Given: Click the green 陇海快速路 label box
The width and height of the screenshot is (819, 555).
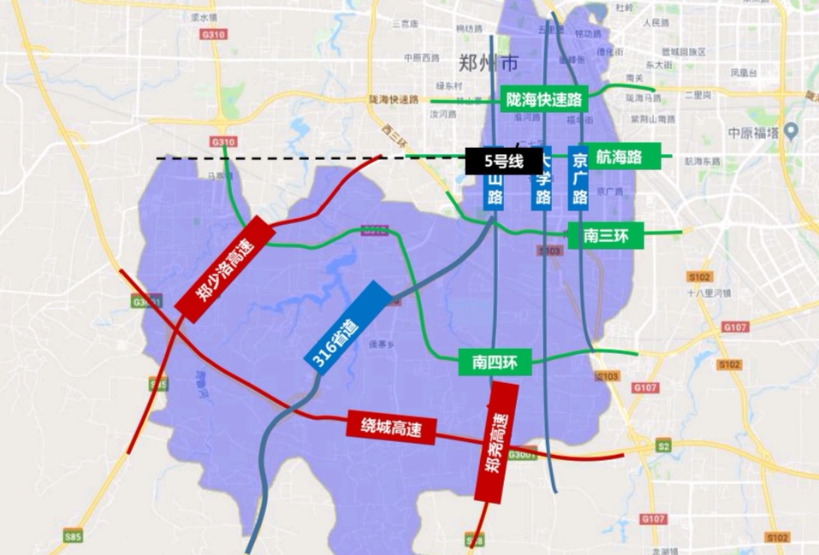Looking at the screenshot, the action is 544,99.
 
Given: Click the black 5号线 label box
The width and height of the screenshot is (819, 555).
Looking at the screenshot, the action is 504,161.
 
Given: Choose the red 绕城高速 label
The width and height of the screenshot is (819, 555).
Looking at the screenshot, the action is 392,426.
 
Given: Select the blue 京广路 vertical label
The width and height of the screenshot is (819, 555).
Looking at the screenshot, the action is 579,179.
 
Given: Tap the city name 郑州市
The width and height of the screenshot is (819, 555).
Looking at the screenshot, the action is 488,63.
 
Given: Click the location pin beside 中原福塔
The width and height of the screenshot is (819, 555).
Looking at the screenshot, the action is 792,131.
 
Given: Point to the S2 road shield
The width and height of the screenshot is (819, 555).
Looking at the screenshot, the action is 664,446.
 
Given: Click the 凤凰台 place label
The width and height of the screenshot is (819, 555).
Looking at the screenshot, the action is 744,74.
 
